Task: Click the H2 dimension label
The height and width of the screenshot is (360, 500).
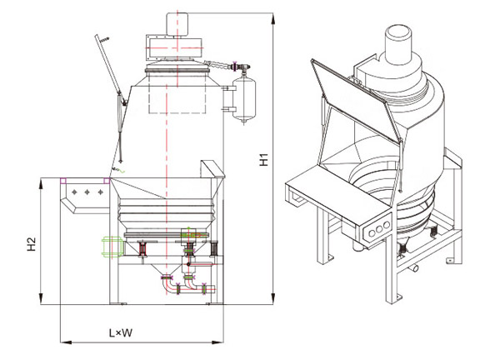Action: (x=31, y=245)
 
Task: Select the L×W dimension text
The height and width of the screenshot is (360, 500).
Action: (x=122, y=334)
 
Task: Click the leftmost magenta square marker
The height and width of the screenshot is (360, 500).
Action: (x=64, y=181)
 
